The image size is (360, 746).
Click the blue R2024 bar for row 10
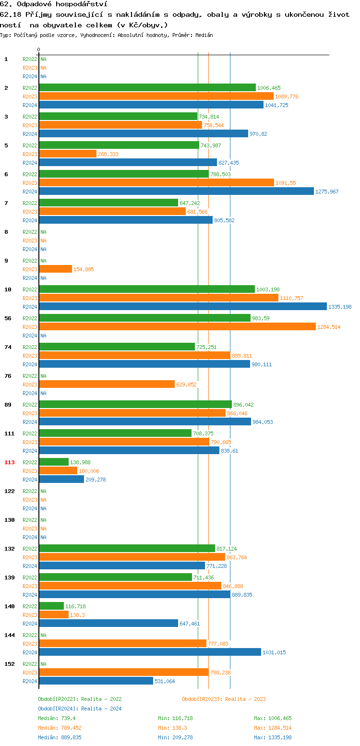click(x=182, y=306)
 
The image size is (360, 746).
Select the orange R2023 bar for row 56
click(x=177, y=326)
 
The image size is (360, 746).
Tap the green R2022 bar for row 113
click(x=54, y=462)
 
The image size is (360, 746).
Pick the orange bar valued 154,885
click(x=55, y=269)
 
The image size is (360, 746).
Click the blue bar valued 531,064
click(x=96, y=681)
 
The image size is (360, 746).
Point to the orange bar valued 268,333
click(x=68, y=154)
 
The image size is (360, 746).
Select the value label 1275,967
click(x=327, y=192)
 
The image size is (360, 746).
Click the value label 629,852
click(x=186, y=385)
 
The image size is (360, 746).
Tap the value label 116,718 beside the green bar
click(x=75, y=606)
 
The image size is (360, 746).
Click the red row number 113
click(x=10, y=462)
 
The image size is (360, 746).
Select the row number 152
click(x=10, y=664)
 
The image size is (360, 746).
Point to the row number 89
click(x=8, y=405)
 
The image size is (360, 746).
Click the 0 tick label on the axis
click(x=38, y=49)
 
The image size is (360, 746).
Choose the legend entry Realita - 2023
click(x=224, y=699)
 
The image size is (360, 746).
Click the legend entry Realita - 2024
click(x=80, y=709)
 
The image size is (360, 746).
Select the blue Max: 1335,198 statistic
click(x=273, y=737)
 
